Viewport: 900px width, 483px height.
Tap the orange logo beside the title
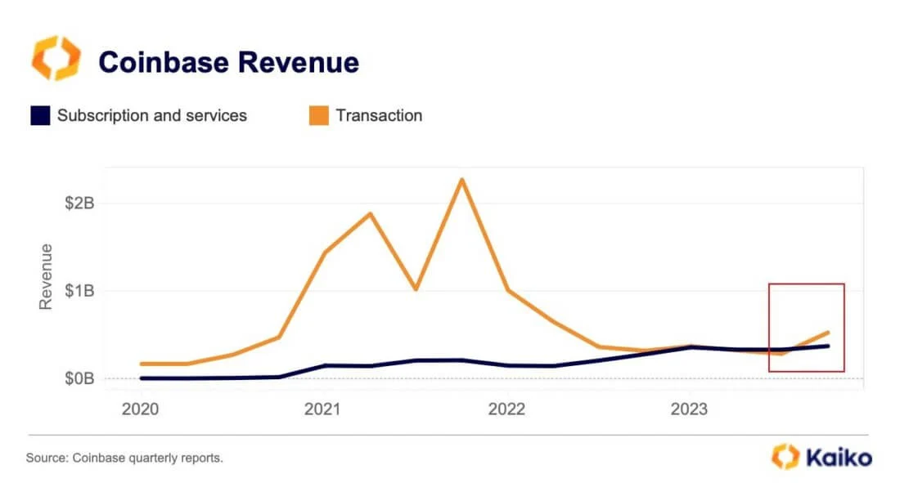(x=56, y=59)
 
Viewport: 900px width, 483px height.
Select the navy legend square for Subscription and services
(x=40, y=115)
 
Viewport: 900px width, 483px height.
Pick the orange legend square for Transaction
(x=318, y=115)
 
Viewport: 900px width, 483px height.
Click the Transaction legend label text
(x=379, y=115)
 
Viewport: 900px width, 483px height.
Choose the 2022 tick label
(x=507, y=409)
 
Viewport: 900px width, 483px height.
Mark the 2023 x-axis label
(x=690, y=409)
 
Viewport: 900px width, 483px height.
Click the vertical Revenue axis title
(x=47, y=276)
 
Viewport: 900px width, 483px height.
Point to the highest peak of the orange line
(x=462, y=179)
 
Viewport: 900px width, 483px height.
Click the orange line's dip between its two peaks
(x=416, y=288)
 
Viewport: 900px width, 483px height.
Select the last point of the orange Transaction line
(x=828, y=333)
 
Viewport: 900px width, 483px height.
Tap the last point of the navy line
(x=828, y=346)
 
